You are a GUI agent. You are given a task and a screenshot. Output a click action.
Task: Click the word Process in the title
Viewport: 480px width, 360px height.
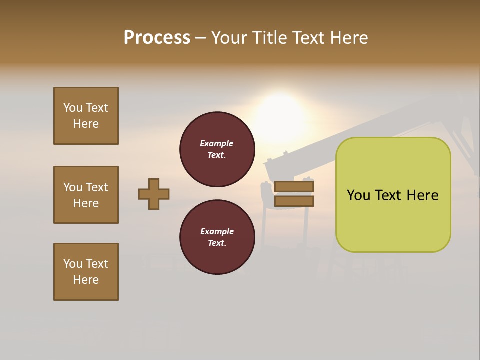[x=157, y=38]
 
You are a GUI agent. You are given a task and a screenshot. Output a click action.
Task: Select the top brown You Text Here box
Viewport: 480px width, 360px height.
[x=86, y=116]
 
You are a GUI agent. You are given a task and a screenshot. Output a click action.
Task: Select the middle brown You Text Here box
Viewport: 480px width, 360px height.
[x=86, y=195]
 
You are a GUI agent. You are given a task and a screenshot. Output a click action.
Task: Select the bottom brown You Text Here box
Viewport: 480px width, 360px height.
[x=86, y=272]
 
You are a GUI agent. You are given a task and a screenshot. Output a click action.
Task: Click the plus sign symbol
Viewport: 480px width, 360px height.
[x=154, y=194]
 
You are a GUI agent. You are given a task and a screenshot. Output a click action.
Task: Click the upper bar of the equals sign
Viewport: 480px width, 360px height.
[x=294, y=186]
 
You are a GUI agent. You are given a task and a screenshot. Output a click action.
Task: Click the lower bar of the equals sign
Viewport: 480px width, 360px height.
[x=294, y=201]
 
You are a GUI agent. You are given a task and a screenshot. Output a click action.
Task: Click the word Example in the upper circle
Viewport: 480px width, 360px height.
[x=216, y=143]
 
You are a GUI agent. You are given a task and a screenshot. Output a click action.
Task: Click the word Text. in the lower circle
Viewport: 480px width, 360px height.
[x=217, y=243]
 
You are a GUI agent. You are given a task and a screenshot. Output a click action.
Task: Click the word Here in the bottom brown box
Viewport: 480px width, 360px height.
[x=86, y=280]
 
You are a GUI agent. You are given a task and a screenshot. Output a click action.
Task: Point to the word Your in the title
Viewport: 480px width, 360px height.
[x=229, y=38]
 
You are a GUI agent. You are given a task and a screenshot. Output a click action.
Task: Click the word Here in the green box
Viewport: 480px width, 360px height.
[x=422, y=195]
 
